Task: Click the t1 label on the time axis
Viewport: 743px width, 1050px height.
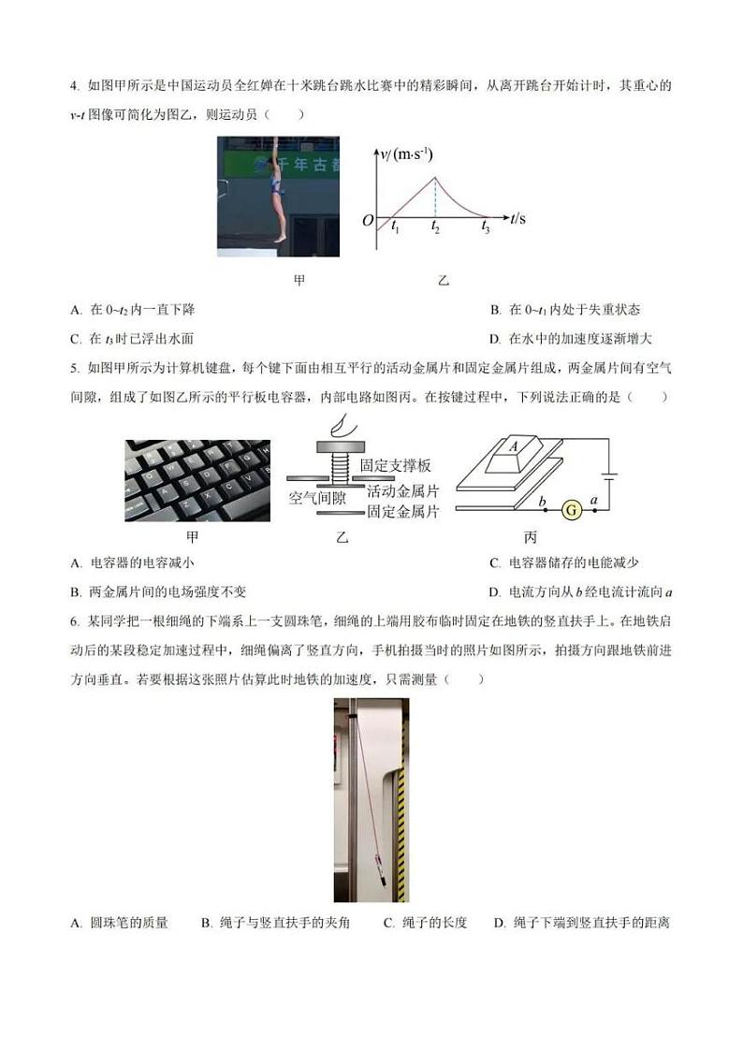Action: pos(395,228)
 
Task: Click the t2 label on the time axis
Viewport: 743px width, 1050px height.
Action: pos(435,228)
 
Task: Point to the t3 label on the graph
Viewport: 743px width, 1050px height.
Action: pos(485,228)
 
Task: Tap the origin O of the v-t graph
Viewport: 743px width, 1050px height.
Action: pos(368,220)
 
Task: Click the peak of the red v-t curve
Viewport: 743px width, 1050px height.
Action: pos(433,177)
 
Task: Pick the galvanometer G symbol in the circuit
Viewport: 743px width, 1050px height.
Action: pos(570,509)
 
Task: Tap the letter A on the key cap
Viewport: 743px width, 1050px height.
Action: pos(513,447)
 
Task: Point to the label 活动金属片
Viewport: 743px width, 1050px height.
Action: pos(402,489)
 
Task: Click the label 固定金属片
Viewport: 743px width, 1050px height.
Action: pos(402,512)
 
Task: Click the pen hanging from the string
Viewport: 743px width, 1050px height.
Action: pos(378,859)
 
